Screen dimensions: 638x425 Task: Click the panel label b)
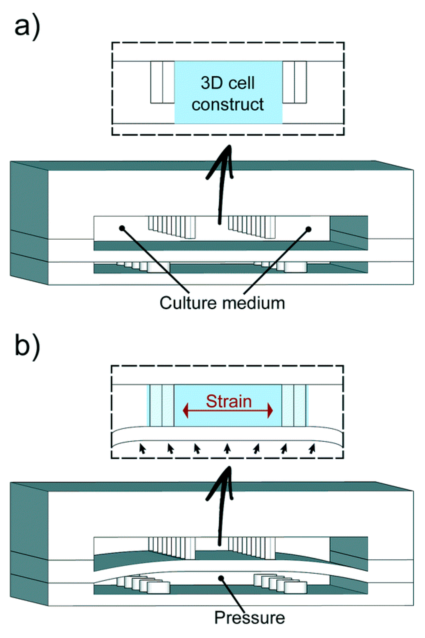tap(27, 346)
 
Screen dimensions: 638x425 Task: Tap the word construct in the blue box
tap(227, 105)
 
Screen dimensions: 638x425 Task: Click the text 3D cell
tap(227, 83)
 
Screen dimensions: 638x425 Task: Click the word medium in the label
tap(253, 303)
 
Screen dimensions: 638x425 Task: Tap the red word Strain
tap(229, 401)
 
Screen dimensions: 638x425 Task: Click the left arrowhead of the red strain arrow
tap(186, 411)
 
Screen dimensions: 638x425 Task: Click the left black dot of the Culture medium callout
tap(122, 228)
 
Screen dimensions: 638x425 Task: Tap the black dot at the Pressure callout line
tap(221, 578)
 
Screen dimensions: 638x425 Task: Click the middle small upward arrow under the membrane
tap(227, 448)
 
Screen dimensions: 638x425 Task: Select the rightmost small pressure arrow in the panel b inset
tap(312, 448)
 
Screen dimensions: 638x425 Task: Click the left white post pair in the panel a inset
tap(162, 82)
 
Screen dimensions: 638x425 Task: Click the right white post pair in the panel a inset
tap(295, 82)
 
